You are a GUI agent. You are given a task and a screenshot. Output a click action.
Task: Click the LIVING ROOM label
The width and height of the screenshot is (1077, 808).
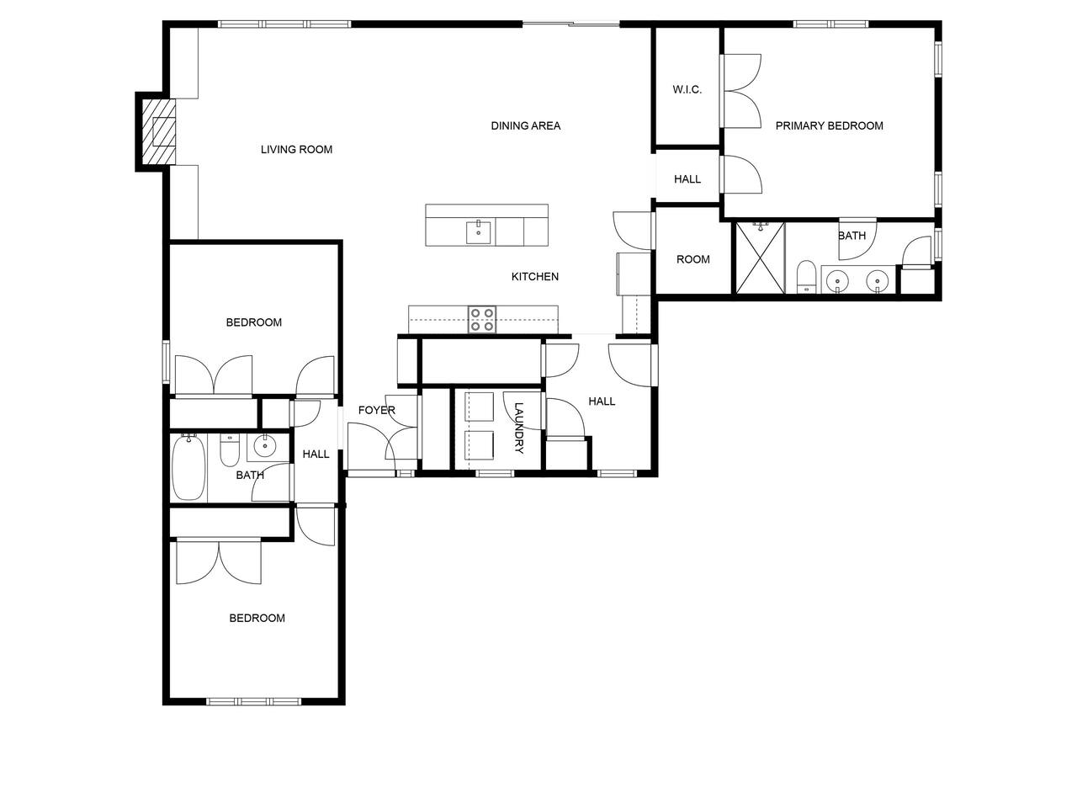click(296, 150)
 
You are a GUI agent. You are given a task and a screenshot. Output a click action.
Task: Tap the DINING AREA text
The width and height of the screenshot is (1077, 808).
click(526, 126)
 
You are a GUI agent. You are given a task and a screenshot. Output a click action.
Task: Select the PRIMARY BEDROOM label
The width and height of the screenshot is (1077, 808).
click(830, 126)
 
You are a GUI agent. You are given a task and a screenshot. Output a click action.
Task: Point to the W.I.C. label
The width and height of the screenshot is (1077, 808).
click(687, 90)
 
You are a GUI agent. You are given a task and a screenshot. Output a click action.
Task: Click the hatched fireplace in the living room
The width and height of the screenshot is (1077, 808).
click(158, 131)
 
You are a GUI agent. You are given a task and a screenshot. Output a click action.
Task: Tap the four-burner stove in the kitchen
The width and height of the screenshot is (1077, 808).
click(482, 319)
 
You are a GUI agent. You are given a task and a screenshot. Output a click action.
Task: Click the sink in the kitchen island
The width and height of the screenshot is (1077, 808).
click(479, 232)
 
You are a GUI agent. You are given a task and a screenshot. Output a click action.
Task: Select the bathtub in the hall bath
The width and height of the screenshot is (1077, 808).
click(189, 466)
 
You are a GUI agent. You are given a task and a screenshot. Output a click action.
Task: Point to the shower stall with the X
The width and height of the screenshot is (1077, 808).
click(760, 258)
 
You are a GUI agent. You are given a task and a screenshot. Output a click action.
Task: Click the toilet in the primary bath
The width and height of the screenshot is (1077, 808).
click(806, 277)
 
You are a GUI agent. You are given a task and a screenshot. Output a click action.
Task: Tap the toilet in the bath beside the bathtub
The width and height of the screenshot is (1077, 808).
click(229, 449)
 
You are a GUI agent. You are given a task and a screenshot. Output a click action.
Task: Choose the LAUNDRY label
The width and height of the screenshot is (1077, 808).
click(518, 428)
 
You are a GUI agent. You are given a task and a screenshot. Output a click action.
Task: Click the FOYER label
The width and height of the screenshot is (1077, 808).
click(376, 410)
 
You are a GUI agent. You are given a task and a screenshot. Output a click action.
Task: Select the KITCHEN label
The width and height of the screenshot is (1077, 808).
click(535, 277)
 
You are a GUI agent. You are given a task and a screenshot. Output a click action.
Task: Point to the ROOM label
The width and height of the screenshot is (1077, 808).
click(692, 259)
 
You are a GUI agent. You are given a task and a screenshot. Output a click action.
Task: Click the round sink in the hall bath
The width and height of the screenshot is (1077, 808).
click(265, 446)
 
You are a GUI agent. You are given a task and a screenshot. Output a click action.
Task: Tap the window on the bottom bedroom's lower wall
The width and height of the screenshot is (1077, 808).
click(253, 702)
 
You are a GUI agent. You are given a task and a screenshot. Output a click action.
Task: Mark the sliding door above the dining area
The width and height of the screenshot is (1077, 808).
click(570, 24)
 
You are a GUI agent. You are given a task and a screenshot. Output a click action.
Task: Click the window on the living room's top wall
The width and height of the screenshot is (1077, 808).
click(284, 24)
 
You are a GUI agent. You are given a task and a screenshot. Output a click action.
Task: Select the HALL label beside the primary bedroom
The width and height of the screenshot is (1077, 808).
click(687, 179)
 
